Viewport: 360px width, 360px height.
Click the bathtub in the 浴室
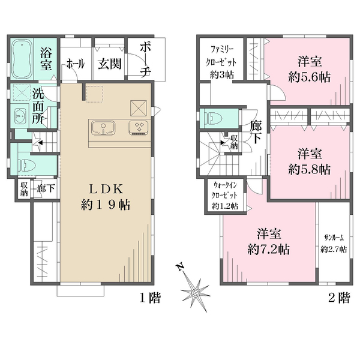click(22, 59)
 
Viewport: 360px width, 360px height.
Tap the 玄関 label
click(110, 64)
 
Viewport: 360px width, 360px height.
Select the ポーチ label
click(146, 59)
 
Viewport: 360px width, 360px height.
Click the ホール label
click(76, 64)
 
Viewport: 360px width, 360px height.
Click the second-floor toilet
click(214, 118)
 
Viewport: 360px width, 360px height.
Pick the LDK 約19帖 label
click(106, 197)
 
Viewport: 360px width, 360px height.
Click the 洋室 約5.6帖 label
click(310, 69)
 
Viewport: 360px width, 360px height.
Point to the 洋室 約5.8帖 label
click(310, 161)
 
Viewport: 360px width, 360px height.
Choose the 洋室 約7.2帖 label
click(269, 242)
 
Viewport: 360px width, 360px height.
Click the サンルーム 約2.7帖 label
click(334, 244)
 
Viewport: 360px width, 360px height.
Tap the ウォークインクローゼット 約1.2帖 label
click(225, 196)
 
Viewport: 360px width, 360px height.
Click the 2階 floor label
click(340, 298)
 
